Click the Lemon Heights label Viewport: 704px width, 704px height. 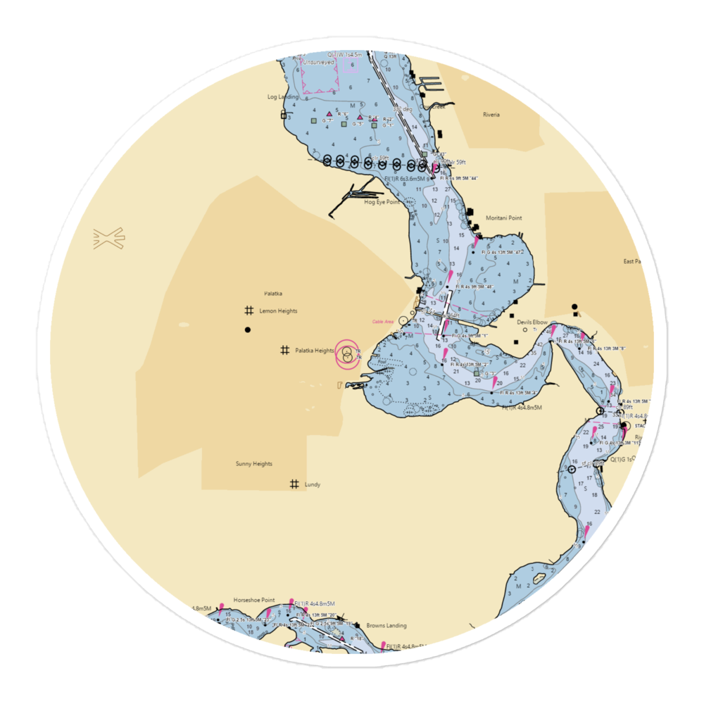tap(278, 310)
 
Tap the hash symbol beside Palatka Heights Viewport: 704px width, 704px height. tap(285, 350)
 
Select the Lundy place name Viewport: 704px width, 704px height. tap(313, 484)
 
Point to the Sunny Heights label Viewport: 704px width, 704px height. tap(253, 464)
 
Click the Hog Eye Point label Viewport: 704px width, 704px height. tap(382, 202)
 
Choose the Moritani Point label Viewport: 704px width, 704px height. tap(504, 218)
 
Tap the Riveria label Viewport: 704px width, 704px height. tap(491, 115)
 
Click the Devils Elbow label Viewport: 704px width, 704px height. tap(532, 322)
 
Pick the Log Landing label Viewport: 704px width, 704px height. tap(282, 96)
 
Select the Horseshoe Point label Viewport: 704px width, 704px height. tap(254, 600)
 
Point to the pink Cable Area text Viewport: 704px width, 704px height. tap(383, 322)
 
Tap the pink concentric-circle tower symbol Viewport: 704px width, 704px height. tap(346, 354)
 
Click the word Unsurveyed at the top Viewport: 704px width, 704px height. tap(317, 62)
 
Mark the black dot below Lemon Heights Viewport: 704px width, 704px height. tap(247, 329)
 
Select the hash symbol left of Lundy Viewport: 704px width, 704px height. tap(294, 484)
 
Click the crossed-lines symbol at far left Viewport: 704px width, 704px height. tap(108, 238)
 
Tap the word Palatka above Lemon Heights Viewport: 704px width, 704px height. tap(273, 293)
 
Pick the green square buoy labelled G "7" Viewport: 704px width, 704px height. tap(313, 120)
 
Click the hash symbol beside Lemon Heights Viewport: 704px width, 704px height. tap(249, 310)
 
